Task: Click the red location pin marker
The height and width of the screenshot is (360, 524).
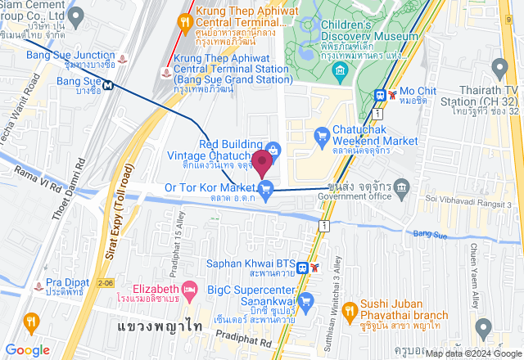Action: pyautogui.click(x=262, y=162)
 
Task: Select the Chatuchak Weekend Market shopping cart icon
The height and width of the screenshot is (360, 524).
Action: pyautogui.click(x=322, y=134)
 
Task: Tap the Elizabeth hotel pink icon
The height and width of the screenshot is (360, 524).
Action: pyautogui.click(x=189, y=289)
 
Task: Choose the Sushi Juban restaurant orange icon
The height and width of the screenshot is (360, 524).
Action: pyautogui.click(x=348, y=310)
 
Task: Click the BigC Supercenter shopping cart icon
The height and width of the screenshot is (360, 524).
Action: pyautogui.click(x=306, y=301)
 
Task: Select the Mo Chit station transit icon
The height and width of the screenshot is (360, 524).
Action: pyautogui.click(x=381, y=95)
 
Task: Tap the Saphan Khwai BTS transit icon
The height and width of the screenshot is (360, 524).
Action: pyautogui.click(x=302, y=267)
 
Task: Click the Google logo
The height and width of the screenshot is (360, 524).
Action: pyautogui.click(x=27, y=350)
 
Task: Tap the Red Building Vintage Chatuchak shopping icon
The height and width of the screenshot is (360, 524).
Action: pyautogui.click(x=273, y=148)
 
